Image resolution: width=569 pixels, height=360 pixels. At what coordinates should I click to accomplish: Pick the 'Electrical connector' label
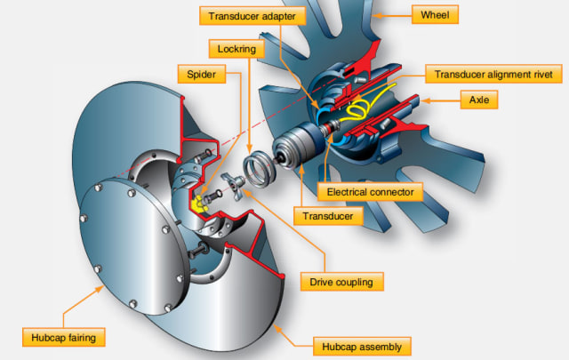tap(371, 191)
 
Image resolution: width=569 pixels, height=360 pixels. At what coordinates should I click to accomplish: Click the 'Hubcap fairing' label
tap(60, 336)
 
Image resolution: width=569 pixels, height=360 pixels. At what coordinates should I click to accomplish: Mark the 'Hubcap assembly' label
tap(361, 344)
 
